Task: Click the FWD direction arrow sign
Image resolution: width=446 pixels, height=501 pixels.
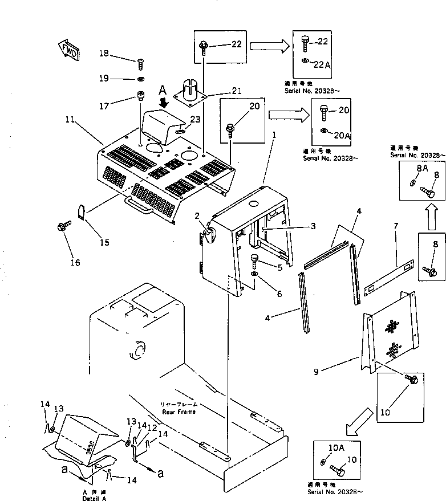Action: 68,50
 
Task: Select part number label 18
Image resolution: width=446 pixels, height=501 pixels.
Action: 103,54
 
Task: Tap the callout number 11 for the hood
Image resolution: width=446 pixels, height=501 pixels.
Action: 70,120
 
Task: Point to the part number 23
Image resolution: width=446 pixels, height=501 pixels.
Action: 196,120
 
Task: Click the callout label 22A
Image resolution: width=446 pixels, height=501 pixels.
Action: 322,65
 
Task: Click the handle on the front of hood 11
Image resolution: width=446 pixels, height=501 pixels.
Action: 140,203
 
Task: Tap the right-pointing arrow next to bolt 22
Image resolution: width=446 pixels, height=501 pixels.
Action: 269,46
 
